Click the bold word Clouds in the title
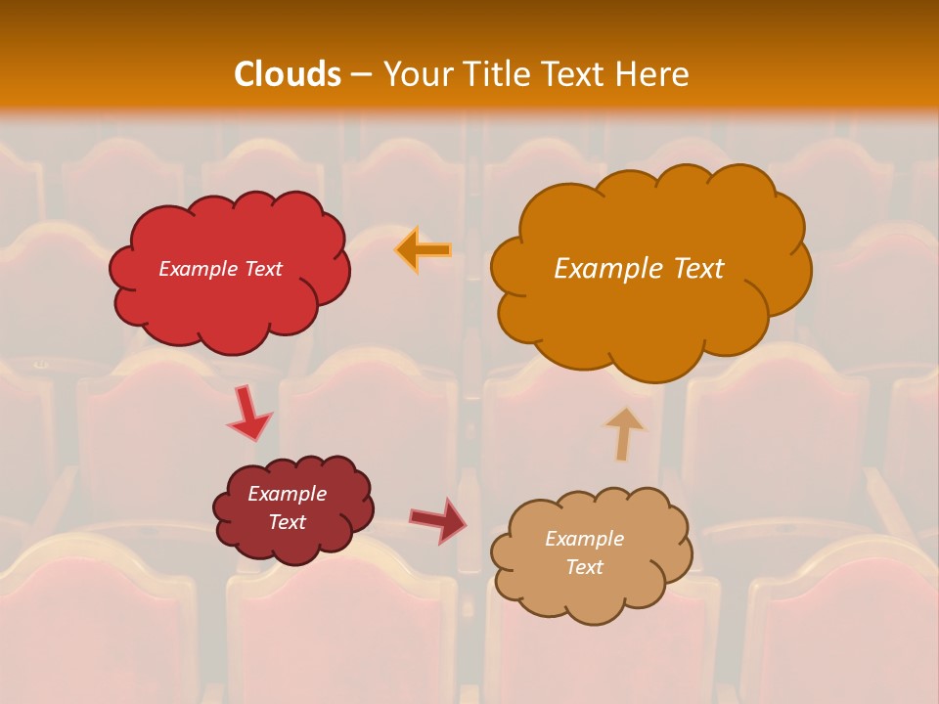click(x=288, y=74)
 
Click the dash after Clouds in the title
click(x=361, y=75)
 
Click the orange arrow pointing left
click(x=423, y=250)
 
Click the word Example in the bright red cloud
click(x=199, y=269)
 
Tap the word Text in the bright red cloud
click(x=262, y=269)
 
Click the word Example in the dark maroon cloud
click(x=287, y=494)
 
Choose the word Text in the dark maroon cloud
click(x=287, y=522)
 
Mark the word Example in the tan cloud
click(x=584, y=539)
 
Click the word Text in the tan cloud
click(x=584, y=567)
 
